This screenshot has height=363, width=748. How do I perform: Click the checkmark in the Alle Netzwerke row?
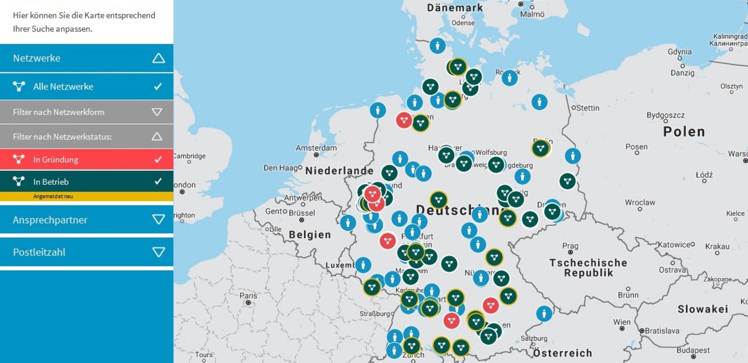pyautogui.click(x=158, y=86)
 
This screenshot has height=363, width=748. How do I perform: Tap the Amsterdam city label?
pyautogui.click(x=316, y=148)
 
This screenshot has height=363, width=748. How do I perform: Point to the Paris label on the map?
pyautogui.click(x=248, y=296)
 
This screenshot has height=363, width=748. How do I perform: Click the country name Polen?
pyautogui.click(x=684, y=132)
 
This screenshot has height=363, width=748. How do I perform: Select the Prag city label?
pyautogui.click(x=570, y=246)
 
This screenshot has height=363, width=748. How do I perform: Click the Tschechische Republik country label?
pyautogui.click(x=588, y=268)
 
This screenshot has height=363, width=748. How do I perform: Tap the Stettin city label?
pyautogui.click(x=587, y=108)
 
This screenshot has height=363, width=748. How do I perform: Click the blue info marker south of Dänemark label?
pyautogui.click(x=437, y=46)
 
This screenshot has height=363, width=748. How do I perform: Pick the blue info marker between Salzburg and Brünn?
pyautogui.click(x=544, y=314)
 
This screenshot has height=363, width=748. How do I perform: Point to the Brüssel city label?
pyautogui.click(x=302, y=213)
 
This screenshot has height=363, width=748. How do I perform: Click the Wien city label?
pyautogui.click(x=622, y=322)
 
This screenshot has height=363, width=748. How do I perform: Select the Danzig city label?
pyautogui.click(x=682, y=73)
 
